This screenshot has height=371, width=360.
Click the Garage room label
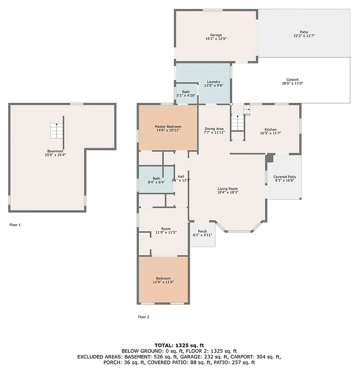click(x=216, y=37)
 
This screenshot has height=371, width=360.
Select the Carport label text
click(x=292, y=82)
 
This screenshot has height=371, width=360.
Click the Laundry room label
click(x=213, y=84)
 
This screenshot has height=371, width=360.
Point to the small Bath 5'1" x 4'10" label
click(x=186, y=94)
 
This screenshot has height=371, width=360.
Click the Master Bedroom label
click(x=167, y=128)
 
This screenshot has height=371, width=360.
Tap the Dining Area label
click(x=214, y=130)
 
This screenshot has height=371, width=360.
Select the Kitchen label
click(x=270, y=131)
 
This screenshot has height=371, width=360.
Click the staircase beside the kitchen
click(x=237, y=123)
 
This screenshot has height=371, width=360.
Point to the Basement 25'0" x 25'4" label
click(x=55, y=153)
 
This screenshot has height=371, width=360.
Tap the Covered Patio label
click(x=285, y=179)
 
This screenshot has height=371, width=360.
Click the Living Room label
click(x=227, y=191)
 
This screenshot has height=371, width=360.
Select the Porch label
click(x=202, y=233)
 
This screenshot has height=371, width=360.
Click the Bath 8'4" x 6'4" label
click(x=156, y=180)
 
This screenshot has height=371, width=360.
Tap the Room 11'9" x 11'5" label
click(x=166, y=231)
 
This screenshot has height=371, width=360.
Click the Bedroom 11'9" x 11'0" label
click(x=163, y=280)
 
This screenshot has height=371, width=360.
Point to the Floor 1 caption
click(x=15, y=225)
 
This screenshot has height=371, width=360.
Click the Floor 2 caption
click(x=143, y=317)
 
